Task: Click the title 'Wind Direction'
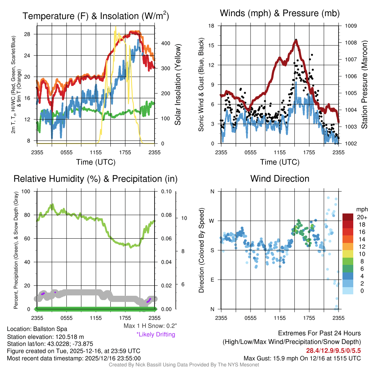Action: (280, 179)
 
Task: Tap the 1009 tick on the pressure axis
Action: (351, 26)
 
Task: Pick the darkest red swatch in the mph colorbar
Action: (348, 217)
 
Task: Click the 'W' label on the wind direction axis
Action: (212, 221)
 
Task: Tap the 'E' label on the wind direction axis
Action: (212, 280)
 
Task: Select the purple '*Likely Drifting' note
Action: (156, 335)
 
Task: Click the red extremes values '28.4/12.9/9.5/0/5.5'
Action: (333, 350)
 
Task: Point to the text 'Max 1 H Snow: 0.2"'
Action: (150, 326)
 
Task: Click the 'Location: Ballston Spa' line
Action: (37, 329)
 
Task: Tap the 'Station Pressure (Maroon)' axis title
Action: (364, 84)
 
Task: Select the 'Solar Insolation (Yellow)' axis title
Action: (178, 84)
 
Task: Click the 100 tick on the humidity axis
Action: (27, 191)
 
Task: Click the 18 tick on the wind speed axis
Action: (212, 26)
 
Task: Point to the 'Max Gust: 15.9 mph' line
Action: (302, 358)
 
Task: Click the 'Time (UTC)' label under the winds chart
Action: (280, 162)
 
